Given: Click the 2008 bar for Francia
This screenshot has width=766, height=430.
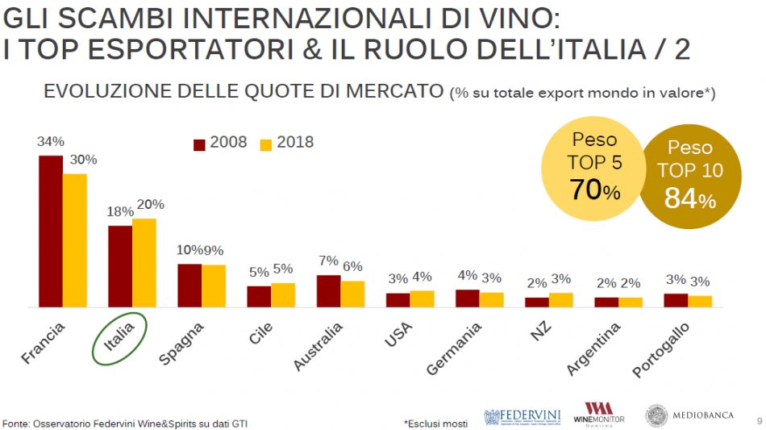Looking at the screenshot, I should coord(51,232).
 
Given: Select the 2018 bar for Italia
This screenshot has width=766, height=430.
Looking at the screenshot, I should coord(144,263).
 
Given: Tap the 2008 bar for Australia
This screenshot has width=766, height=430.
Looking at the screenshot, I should coord(328,291).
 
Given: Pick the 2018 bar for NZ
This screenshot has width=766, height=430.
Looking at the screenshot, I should coord(560,300).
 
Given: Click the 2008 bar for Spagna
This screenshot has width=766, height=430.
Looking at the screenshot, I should coord(189,286).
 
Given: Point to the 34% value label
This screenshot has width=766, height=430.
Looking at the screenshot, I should coord(49,141).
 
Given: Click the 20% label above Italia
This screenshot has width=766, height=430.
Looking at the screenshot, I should coord(151,204).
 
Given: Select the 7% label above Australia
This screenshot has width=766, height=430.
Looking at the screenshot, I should coord(328,261).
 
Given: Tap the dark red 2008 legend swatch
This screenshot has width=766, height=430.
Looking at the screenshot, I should coord(199,144).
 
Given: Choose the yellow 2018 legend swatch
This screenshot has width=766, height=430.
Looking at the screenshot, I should coord(266,144).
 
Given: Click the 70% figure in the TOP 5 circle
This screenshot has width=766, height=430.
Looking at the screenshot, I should coord(595,190).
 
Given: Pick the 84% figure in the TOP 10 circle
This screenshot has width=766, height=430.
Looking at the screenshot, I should coord(689,198).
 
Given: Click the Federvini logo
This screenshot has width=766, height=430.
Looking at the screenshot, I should coord(522,415).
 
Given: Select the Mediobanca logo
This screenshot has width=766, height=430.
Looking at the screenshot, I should coord(689,415).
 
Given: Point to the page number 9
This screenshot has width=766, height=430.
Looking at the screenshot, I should coord(758,420).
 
